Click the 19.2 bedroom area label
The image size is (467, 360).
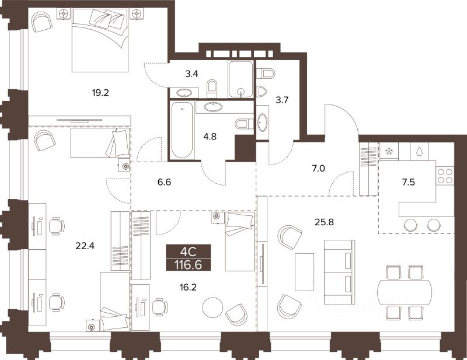100,93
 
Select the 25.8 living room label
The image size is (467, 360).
325,222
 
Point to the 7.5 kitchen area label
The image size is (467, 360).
408,182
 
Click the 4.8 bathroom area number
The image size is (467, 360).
210,137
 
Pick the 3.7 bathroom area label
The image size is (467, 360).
282,100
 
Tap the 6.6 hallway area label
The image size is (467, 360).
165,182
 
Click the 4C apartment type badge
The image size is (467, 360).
188,252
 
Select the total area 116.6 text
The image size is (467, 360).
188,265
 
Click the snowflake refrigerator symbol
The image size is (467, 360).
389,152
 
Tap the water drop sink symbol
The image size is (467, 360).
419,152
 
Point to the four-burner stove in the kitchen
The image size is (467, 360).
445,176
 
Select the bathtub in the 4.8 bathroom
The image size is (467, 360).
182,130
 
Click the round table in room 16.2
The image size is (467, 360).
212,307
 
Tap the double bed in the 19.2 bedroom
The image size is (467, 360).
100,40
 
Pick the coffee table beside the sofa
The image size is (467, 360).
304,272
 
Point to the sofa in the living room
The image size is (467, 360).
340,272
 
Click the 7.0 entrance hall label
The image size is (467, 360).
318,169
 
